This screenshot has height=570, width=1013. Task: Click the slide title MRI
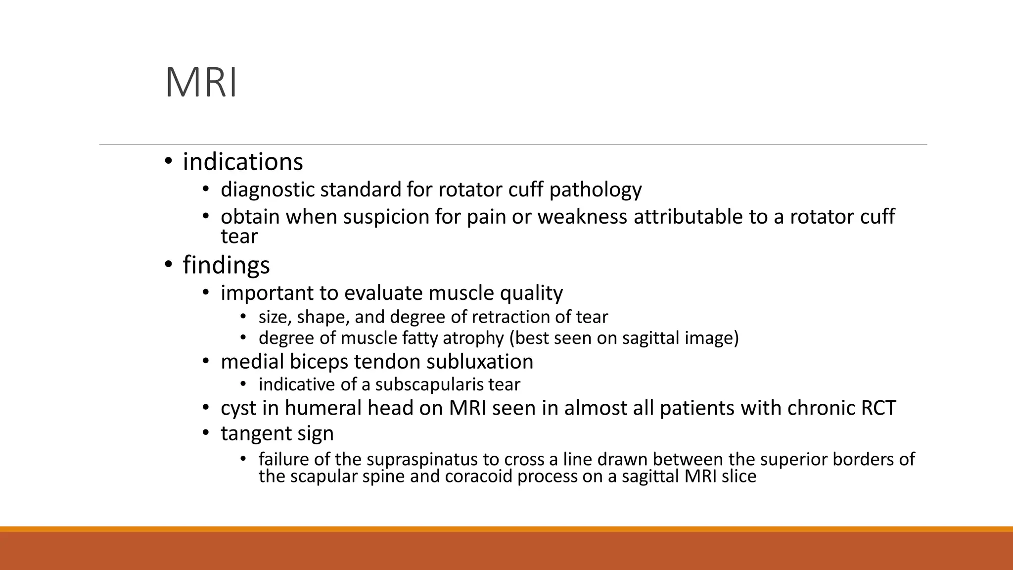[201, 83]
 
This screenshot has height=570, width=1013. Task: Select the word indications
[243, 162]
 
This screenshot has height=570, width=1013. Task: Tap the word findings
[227, 265]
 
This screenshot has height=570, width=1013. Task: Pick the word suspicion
[386, 217]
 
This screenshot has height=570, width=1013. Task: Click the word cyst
[238, 408]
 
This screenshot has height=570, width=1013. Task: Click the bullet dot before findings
[168, 265]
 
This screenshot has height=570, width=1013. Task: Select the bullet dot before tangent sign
[206, 434]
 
